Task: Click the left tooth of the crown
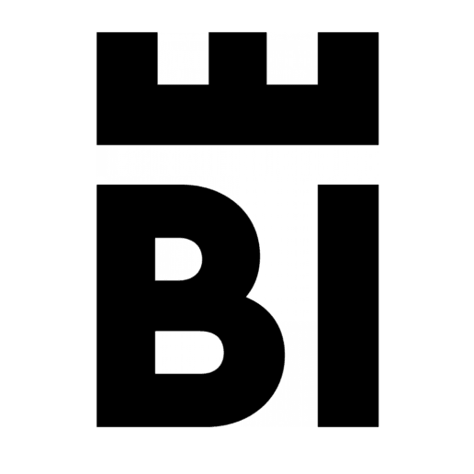(127, 58)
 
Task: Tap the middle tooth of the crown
(238, 58)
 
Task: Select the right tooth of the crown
(348, 58)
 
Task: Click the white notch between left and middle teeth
(183, 58)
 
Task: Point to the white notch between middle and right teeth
(292, 58)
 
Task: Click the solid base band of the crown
(238, 115)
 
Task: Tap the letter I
(348, 306)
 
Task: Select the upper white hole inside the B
(178, 259)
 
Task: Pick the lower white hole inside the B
(189, 353)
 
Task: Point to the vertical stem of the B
(126, 306)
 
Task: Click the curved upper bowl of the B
(232, 245)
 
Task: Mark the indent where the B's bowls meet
(246, 297)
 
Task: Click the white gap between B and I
(301, 306)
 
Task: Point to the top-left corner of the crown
(96, 32)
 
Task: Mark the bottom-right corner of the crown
(378, 145)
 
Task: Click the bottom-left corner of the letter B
(96, 427)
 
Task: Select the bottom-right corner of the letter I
(378, 427)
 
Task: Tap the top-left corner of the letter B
(96, 185)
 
